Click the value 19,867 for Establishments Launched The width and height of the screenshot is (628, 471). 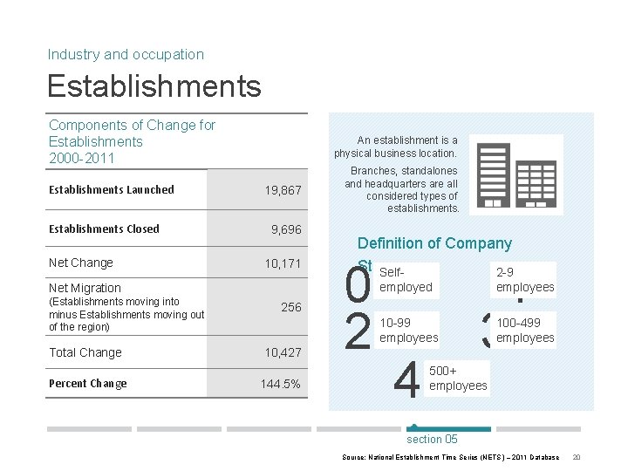point(283,190)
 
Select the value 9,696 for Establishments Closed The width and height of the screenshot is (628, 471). point(286,229)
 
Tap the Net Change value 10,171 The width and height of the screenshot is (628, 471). point(283,263)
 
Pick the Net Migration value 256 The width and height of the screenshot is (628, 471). point(290,307)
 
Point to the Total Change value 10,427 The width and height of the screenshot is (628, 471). point(283,352)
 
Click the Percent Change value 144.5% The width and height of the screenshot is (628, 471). point(280,384)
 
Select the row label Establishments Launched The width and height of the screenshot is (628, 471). point(112,190)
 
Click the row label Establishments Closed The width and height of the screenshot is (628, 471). point(104,229)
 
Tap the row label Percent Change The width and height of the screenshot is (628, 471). point(88,384)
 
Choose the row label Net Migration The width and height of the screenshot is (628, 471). point(85,288)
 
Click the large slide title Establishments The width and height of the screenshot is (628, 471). point(154,86)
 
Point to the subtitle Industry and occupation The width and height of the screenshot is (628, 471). point(126,54)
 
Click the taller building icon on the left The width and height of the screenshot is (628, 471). point(493,175)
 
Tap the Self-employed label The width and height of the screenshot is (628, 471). point(406,280)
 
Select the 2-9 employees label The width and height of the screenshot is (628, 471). point(525,280)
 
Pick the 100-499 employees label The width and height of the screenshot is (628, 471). point(525,331)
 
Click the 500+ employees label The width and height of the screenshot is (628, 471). point(458,379)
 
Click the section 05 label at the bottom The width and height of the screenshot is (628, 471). point(432,439)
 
